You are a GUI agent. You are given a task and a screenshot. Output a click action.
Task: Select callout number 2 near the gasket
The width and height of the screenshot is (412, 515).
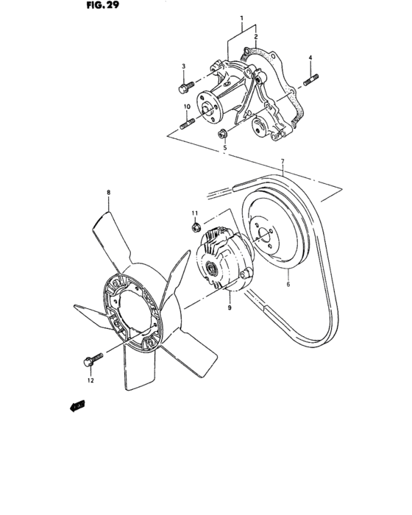click(255, 35)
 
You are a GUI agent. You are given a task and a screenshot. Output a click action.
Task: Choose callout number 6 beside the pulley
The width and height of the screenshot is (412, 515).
click(288, 283)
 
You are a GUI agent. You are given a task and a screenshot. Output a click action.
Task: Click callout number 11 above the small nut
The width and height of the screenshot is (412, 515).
click(195, 213)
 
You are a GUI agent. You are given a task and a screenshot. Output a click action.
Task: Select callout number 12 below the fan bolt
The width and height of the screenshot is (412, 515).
click(90, 380)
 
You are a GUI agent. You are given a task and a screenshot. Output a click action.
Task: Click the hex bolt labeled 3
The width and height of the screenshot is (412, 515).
click(184, 88)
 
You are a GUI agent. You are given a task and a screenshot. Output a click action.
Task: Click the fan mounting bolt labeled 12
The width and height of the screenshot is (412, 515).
click(88, 362)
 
